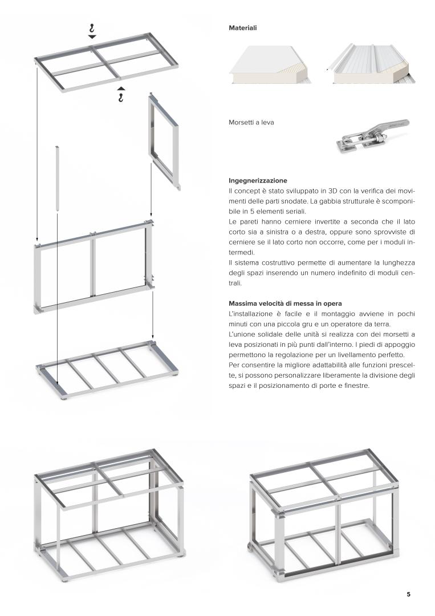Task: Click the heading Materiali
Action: [242, 27]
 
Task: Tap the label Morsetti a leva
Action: [251, 122]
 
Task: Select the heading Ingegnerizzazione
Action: [258, 180]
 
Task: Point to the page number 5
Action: [408, 594]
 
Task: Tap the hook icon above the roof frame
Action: [92, 27]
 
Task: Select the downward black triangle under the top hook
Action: [92, 37]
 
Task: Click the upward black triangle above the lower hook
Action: [120, 88]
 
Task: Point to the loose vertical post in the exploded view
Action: [58, 179]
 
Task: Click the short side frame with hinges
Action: [164, 140]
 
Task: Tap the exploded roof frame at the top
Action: [98, 61]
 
